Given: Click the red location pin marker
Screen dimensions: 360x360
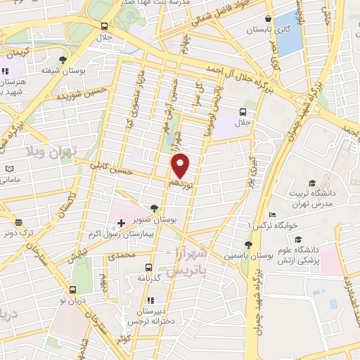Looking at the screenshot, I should (x=181, y=165).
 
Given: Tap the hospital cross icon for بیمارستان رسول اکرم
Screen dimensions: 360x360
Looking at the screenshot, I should (x=121, y=224).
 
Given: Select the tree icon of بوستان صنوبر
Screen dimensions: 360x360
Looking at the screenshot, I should (x=153, y=208).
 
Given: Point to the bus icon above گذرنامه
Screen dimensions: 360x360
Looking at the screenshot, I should (x=148, y=267).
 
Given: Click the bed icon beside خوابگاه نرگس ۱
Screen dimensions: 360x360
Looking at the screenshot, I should (x=273, y=215).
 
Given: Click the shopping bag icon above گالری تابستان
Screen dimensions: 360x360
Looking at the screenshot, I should (x=268, y=19).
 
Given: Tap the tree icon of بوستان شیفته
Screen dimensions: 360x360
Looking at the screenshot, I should (x=63, y=60).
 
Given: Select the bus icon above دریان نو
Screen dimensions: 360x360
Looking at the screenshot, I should (x=73, y=289).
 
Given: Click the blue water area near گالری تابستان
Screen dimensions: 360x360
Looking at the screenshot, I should (x=288, y=42).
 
